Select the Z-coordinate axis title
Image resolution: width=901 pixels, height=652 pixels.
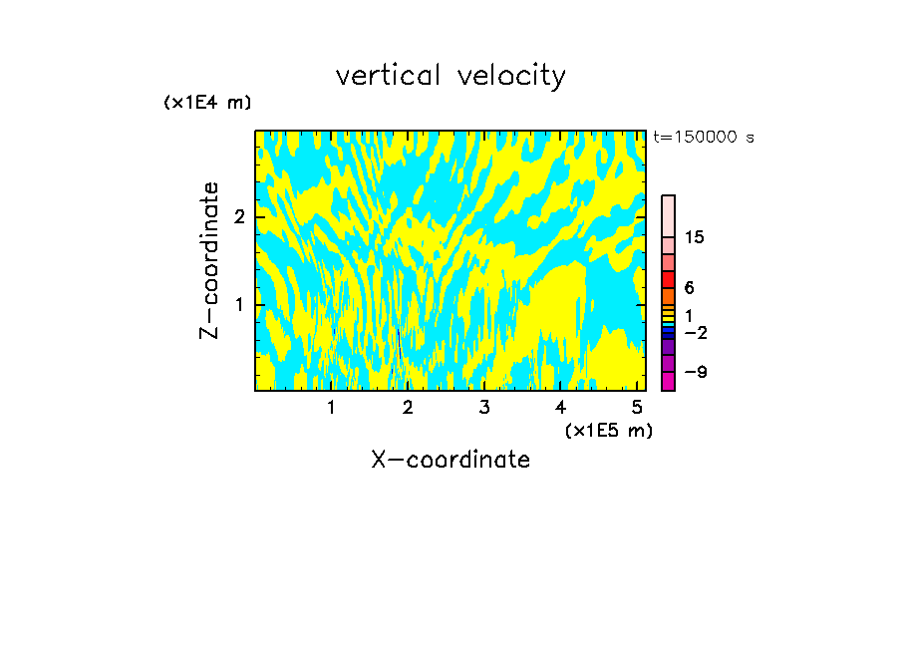(209, 260)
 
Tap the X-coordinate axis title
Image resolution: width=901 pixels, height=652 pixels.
(450, 460)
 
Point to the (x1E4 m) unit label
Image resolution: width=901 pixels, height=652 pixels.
(207, 103)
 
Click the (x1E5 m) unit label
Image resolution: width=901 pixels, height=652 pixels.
(608, 430)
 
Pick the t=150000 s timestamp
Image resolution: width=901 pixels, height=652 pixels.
(704, 138)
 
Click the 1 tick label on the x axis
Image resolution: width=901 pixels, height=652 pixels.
(331, 407)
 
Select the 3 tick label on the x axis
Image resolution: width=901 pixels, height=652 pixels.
(483, 407)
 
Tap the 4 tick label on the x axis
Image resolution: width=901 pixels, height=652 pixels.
(560, 407)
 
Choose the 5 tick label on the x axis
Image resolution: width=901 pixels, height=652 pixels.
(637, 407)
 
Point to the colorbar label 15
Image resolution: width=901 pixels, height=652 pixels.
(695, 237)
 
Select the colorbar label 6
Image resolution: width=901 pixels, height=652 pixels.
(689, 288)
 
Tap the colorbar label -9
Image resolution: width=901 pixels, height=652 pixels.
(695, 372)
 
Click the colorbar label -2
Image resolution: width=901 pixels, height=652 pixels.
(695, 332)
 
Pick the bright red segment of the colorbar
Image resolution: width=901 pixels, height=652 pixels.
(668, 279)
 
